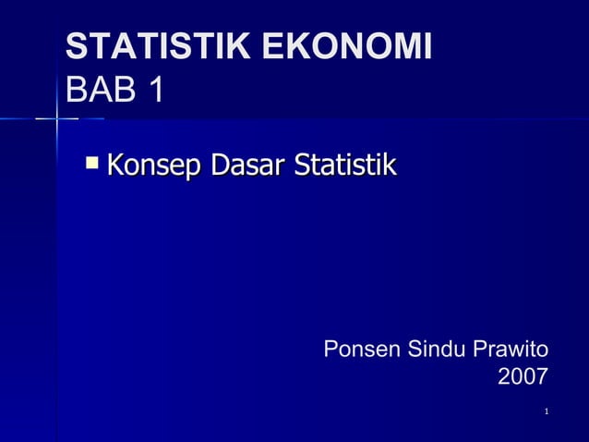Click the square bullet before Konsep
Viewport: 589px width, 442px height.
point(91,165)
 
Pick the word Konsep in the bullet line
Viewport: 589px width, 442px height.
point(154,167)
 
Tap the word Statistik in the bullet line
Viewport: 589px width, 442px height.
point(344,166)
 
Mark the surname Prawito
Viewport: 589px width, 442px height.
point(511,350)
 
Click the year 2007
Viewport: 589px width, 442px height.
point(523,377)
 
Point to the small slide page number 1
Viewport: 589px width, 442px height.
point(547,411)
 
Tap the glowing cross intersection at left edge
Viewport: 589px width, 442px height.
point(56,119)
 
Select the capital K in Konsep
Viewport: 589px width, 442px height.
point(114,166)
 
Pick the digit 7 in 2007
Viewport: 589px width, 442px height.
point(540,377)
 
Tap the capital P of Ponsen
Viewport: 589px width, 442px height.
point(331,350)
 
